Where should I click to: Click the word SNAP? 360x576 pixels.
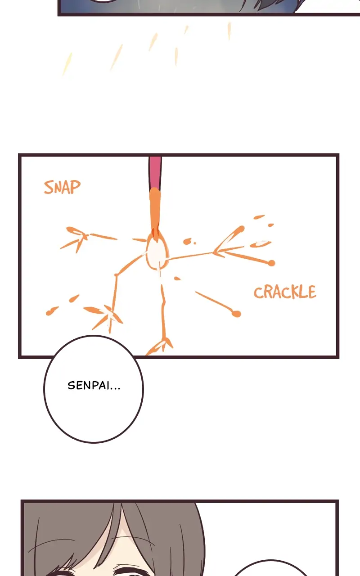point(62,187)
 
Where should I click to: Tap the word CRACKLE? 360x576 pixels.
point(284,292)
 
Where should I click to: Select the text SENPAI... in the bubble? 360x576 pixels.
point(94,386)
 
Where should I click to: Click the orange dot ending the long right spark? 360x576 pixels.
point(271,263)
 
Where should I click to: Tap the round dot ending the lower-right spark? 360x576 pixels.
point(236,314)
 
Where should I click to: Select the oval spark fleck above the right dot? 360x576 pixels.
point(261,244)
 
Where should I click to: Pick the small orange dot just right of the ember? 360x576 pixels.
point(187,242)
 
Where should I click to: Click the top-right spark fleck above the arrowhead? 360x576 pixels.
point(259,217)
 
